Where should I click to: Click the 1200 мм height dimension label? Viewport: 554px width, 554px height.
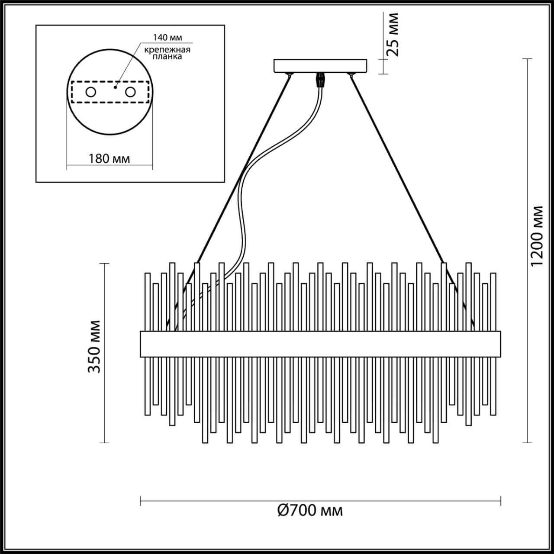[538, 236]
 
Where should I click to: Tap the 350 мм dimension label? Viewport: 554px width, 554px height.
[94, 347]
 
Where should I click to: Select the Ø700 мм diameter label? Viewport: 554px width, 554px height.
[309, 511]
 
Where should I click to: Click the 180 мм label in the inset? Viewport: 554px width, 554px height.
[110, 158]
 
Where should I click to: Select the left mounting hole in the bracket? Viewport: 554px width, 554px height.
[91, 92]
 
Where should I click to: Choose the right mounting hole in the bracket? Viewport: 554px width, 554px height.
[130, 92]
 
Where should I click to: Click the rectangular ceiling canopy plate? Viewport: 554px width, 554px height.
[320, 66]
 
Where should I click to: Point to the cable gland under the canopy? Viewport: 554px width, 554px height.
[320, 80]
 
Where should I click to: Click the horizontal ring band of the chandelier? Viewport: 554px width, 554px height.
[320, 344]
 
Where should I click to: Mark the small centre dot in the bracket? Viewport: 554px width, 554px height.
[115, 87]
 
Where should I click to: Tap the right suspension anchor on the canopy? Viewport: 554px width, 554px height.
[351, 75]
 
